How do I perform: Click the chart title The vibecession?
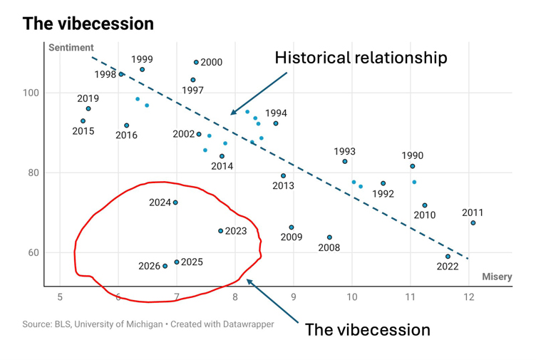(88, 24)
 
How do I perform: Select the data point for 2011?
(473, 223)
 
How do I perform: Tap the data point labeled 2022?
(448, 257)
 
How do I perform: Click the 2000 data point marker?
(197, 62)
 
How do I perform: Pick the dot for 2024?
(175, 202)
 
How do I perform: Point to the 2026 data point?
(165, 266)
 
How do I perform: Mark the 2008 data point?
(329, 237)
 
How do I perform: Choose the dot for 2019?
(88, 108)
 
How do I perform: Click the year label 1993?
(344, 151)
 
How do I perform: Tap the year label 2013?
(283, 186)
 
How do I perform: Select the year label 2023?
(236, 231)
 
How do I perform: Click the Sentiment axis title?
(71, 48)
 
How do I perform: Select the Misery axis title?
(497, 277)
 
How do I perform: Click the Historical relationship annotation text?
(361, 58)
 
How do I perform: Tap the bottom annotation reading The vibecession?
(367, 329)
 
